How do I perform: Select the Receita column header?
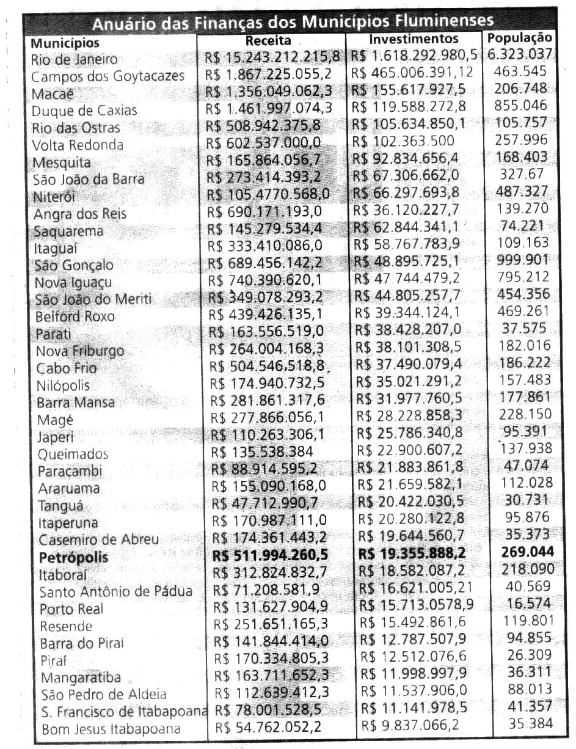(x=268, y=42)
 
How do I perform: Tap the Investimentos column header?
(x=414, y=39)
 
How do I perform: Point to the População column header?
(x=520, y=38)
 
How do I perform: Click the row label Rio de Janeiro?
(x=75, y=59)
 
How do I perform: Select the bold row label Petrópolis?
(x=73, y=557)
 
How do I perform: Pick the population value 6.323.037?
(x=520, y=54)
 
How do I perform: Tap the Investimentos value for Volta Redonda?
(x=406, y=141)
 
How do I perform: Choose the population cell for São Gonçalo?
(x=524, y=260)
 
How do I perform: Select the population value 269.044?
(x=527, y=552)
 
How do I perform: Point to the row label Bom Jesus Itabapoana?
(x=111, y=729)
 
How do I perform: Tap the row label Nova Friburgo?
(x=79, y=351)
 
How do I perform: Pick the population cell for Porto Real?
(x=530, y=604)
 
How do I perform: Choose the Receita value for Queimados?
(x=262, y=453)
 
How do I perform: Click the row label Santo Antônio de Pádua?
(x=115, y=591)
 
